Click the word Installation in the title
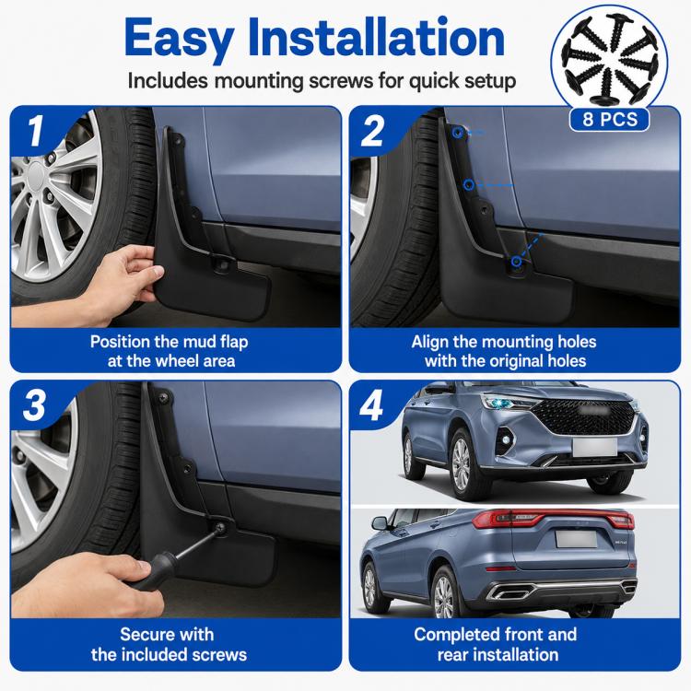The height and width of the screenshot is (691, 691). coord(376,37)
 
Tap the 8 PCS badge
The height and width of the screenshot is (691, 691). coord(610,120)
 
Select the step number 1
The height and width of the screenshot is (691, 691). coord(36,131)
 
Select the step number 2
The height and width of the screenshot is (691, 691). coord(372,131)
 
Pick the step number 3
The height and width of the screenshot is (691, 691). coord(34,405)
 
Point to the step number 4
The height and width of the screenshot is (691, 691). coord(371,405)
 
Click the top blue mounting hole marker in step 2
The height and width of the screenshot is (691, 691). coord(458,132)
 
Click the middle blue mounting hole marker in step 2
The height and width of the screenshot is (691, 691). coord(469,184)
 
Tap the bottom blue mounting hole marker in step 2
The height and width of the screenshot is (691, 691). coord(517,262)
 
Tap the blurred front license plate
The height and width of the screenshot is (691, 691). coord(595,447)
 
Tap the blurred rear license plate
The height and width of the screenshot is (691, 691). coord(577,539)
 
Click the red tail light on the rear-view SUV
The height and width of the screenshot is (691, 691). coord(553,519)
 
